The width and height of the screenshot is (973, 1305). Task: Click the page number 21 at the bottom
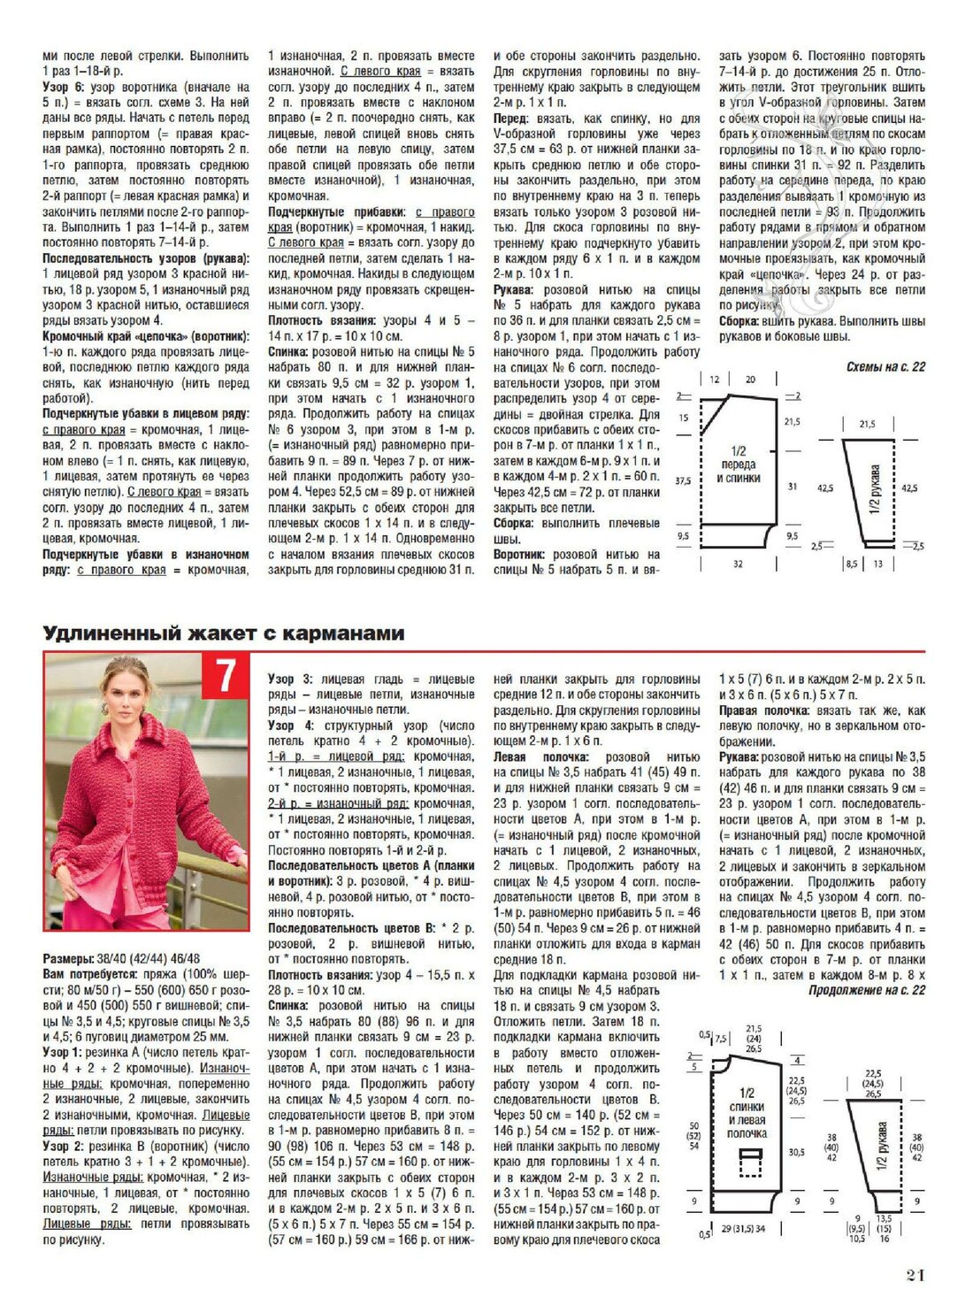coord(916,1275)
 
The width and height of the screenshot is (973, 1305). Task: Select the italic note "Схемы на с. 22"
coord(885,366)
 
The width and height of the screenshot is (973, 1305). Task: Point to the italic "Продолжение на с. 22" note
coord(867,990)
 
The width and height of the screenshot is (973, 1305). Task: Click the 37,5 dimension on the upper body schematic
coord(683,481)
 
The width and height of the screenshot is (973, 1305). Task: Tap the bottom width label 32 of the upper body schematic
coord(738,564)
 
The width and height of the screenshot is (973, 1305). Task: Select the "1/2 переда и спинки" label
coord(738,464)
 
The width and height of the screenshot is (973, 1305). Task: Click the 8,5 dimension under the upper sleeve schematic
coord(851,564)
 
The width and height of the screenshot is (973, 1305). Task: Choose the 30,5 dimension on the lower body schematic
coord(796,1152)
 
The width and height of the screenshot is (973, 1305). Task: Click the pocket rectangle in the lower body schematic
coord(750,1162)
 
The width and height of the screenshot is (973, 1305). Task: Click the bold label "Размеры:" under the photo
coord(68,958)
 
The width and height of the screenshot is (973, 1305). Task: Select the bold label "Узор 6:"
coord(63,88)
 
